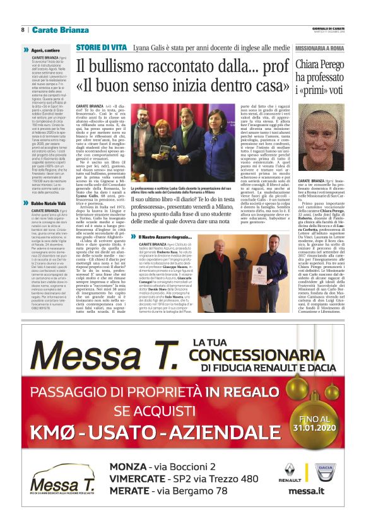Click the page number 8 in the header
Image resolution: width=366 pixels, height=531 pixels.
tap(22, 30)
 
